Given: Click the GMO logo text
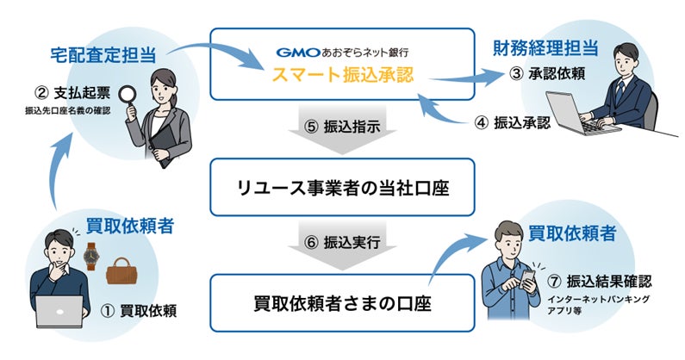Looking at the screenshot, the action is click(298, 53).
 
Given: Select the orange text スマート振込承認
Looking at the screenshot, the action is click(343, 74).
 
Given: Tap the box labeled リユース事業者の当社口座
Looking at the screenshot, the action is click(342, 187).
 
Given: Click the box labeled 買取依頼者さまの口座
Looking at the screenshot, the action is click(342, 303).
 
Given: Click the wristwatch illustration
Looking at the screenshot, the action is click(90, 256).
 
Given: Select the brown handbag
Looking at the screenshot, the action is click(121, 271).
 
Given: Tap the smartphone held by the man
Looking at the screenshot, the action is click(528, 279).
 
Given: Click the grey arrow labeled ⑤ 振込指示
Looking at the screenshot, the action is click(342, 129).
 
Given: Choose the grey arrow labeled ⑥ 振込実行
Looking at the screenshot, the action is click(342, 245).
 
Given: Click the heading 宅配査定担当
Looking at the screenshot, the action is click(103, 55).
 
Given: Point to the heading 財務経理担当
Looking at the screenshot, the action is click(545, 48).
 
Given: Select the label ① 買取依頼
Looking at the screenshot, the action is click(139, 311).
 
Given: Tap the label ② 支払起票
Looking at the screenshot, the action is click(72, 93).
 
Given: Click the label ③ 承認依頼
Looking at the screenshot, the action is click(547, 73).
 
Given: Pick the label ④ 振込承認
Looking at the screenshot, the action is click(513, 123).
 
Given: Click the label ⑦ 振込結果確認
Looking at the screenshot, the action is click(599, 282).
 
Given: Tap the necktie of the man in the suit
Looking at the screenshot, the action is click(619, 93).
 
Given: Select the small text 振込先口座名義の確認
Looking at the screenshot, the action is click(68, 111).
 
